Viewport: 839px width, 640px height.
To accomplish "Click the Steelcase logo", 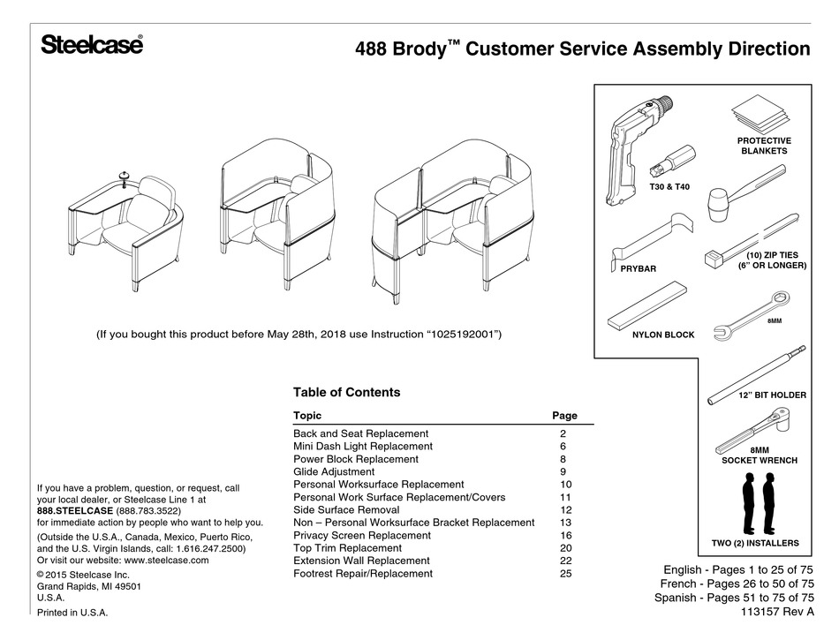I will pyautogui.click(x=91, y=45).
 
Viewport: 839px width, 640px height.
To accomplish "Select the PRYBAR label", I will pyautogui.click(x=632, y=267).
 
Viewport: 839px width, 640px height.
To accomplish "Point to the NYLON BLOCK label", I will pyautogui.click(x=663, y=335).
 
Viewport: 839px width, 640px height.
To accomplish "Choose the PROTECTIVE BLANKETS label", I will pyautogui.click(x=763, y=146).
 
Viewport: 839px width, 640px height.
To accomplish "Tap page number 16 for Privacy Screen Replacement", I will pyautogui.click(x=565, y=536).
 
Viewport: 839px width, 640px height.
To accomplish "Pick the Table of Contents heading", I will pyautogui.click(x=346, y=393).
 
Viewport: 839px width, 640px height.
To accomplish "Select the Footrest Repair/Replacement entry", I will pyautogui.click(x=363, y=574).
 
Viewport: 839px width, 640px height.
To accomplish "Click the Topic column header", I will pyautogui.click(x=307, y=416).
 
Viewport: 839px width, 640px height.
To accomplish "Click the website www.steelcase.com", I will pyautogui.click(x=166, y=560).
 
